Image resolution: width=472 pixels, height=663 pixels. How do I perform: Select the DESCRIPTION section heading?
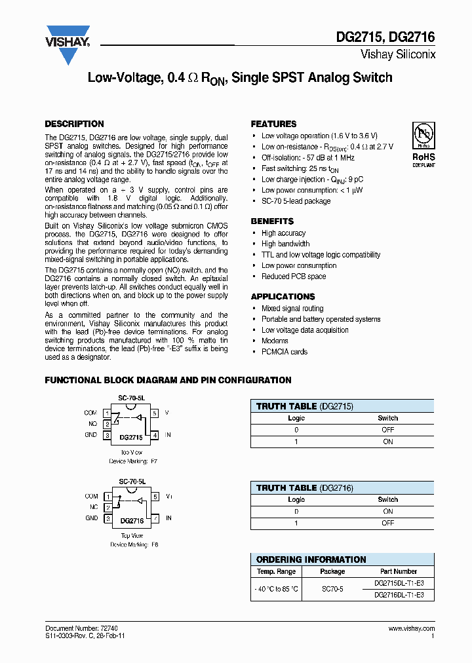click(x=74, y=124)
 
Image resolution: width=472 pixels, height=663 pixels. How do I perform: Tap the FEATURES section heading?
click(x=273, y=124)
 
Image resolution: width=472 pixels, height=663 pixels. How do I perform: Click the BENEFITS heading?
click(x=272, y=221)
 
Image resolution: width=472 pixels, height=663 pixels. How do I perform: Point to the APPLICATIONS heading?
click(x=283, y=297)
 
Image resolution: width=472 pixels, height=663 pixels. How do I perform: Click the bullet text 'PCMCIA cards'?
click(x=284, y=352)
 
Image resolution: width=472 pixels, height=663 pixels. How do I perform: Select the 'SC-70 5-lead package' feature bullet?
click(x=296, y=201)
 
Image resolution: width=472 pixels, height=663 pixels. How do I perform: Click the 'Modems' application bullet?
click(x=275, y=341)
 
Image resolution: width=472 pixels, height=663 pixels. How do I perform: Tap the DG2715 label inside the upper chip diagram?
click(x=131, y=436)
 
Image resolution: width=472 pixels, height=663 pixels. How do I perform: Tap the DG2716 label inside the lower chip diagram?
click(x=131, y=521)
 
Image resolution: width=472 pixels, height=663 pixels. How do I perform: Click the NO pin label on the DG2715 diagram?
click(x=92, y=424)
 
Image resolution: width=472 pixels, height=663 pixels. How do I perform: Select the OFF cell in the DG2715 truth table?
click(x=387, y=430)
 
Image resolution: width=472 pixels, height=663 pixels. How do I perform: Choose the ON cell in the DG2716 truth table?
click(x=387, y=511)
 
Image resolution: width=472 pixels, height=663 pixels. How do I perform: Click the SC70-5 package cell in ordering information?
click(x=332, y=589)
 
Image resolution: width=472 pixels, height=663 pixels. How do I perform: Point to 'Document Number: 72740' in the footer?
click(x=81, y=628)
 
